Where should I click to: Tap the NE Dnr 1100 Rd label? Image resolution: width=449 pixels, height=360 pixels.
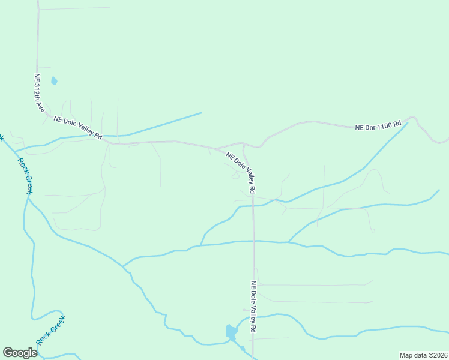(378, 127)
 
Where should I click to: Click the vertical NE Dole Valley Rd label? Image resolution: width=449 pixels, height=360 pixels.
(254, 307)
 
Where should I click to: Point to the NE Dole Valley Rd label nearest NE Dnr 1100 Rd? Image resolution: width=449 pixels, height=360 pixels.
(241, 173)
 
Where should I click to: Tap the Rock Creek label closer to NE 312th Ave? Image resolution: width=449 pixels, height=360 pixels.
(25, 175)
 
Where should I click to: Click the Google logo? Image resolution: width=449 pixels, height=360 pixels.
(20, 353)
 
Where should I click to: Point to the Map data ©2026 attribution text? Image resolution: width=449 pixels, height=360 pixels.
(423, 355)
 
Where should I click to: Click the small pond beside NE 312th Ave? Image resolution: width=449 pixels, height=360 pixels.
(54, 80)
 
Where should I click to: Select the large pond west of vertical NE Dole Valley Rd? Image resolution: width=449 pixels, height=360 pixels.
(231, 331)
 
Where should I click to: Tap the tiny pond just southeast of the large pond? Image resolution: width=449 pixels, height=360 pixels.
(243, 349)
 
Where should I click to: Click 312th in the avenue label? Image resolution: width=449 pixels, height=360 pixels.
(38, 92)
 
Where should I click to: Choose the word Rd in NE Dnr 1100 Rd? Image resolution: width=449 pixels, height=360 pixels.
(397, 126)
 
